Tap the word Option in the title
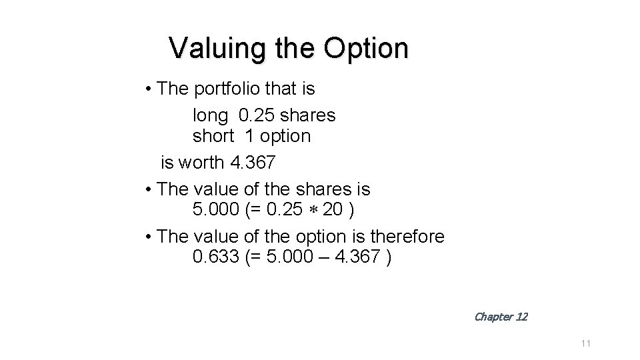[365, 48]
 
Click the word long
[210, 115]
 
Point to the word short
[213, 136]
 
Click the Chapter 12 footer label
[500, 317]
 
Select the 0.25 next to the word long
[256, 115]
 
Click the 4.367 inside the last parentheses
[357, 257]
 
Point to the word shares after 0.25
[308, 115]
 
